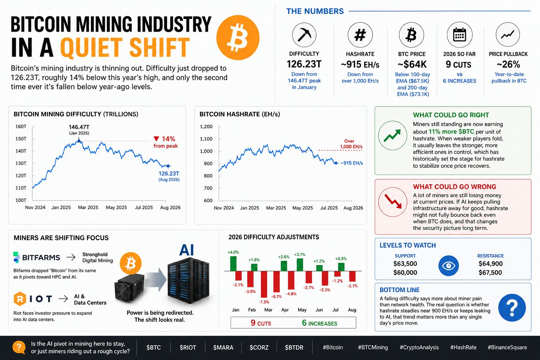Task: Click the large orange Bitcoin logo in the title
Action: (x=238, y=38)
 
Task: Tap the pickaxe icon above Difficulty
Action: (x=304, y=35)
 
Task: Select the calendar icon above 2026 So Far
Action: (x=459, y=35)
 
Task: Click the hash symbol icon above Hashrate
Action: (x=360, y=35)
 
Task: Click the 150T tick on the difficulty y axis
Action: (x=21, y=139)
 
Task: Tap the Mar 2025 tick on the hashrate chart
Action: (x=276, y=208)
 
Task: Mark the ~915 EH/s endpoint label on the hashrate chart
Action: (x=352, y=163)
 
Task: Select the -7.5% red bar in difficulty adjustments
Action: (x=264, y=284)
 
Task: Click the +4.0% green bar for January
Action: (x=233, y=264)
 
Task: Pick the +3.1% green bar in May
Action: (x=300, y=265)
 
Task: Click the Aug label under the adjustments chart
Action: (x=352, y=310)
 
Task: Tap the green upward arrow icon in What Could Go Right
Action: (x=392, y=135)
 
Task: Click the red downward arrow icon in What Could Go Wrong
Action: (x=393, y=202)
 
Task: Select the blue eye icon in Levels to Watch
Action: (x=448, y=266)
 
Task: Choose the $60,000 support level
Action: (x=405, y=273)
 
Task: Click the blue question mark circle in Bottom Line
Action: (x=512, y=308)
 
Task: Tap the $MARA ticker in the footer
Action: (x=223, y=347)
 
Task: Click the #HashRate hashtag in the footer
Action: (x=463, y=347)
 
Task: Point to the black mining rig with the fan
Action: (x=129, y=288)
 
